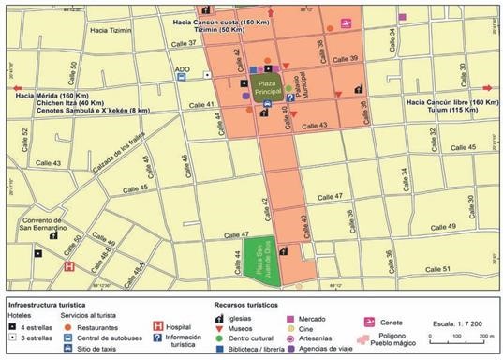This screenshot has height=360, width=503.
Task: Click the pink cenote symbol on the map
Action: [346, 23]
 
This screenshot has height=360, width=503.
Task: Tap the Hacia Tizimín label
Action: [111, 30]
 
